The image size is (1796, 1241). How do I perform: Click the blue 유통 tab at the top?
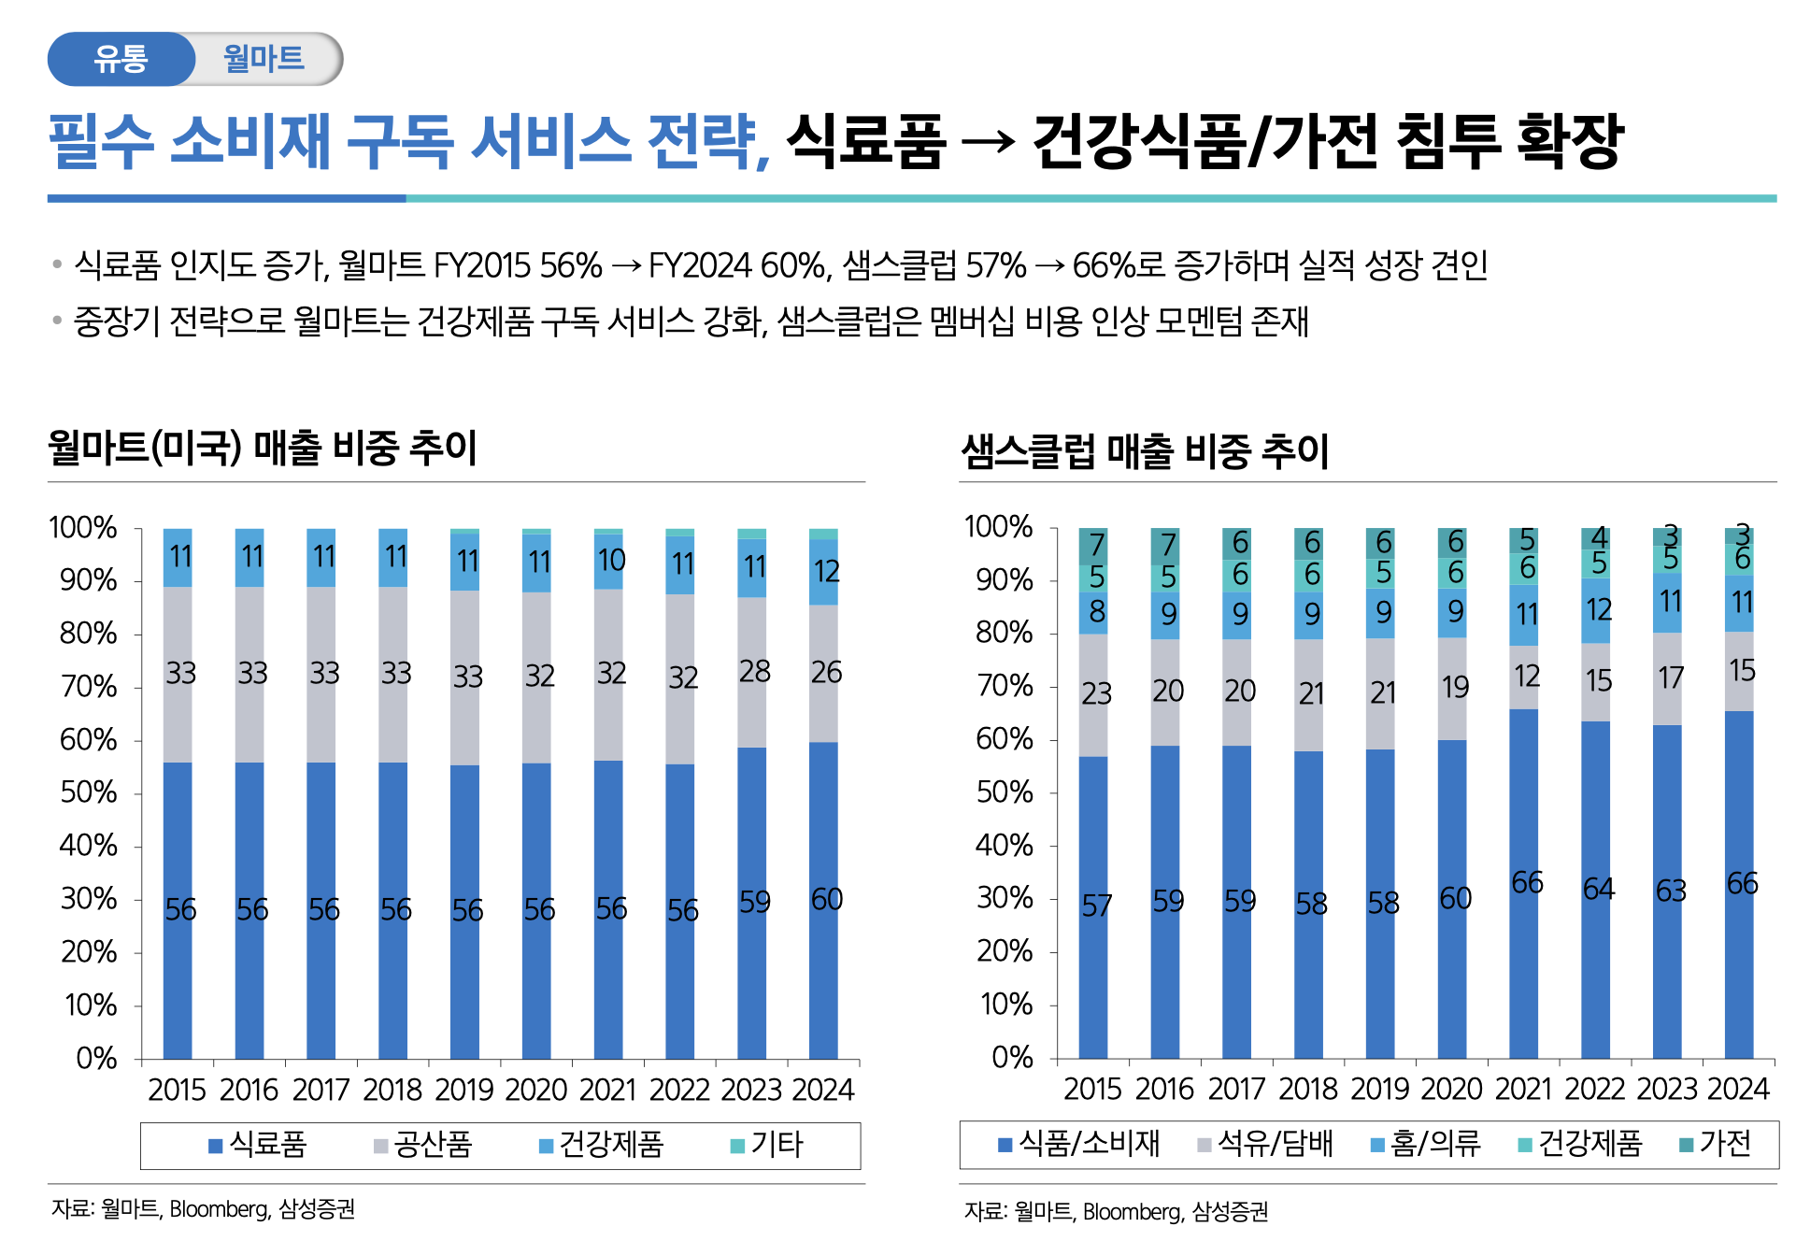pyautogui.click(x=121, y=59)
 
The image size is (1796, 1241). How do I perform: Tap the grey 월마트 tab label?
pyautogui.click(x=264, y=59)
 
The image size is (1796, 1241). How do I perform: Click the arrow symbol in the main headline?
pyautogui.click(x=988, y=141)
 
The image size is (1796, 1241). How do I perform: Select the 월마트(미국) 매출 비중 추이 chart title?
pyautogui.click(x=263, y=448)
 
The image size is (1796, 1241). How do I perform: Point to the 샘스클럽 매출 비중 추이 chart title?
pyautogui.click(x=1145, y=451)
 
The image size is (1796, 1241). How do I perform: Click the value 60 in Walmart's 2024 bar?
pyautogui.click(x=826, y=899)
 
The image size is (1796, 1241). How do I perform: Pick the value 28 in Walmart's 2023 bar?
pyautogui.click(x=754, y=671)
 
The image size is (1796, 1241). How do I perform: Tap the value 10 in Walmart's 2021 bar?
pyautogui.click(x=611, y=560)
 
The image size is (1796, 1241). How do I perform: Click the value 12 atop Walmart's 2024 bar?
pyautogui.click(x=826, y=571)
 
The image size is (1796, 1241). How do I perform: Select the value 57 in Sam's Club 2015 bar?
pyautogui.click(x=1096, y=905)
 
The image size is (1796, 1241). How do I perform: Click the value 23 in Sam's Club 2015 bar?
pyautogui.click(x=1096, y=693)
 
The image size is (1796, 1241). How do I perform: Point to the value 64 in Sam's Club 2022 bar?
pyautogui.click(x=1598, y=888)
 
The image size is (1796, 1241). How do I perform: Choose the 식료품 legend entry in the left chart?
pyautogui.click(x=258, y=1145)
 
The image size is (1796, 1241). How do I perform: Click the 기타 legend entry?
pyautogui.click(x=767, y=1145)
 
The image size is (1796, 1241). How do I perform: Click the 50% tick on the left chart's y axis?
pyautogui.click(x=89, y=793)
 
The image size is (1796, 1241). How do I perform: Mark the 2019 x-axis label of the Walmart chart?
pyautogui.click(x=464, y=1090)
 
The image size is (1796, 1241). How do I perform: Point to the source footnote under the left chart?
pyautogui.click(x=204, y=1209)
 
